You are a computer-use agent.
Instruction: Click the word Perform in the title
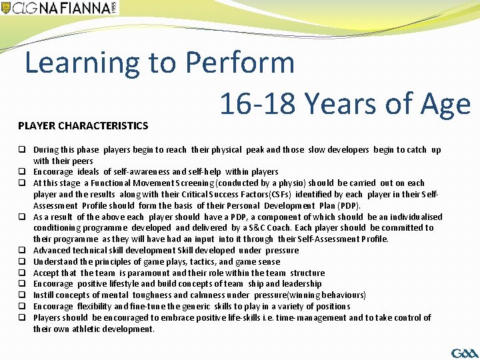[x=239, y=63]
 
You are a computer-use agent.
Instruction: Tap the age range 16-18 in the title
[x=257, y=104]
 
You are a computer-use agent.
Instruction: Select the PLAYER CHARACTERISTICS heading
[x=83, y=125]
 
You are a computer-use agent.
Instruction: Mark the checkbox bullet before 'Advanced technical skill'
[x=22, y=251]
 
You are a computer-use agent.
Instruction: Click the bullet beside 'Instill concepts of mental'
[x=22, y=295]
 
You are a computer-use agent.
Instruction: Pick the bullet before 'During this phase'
[x=22, y=150]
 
